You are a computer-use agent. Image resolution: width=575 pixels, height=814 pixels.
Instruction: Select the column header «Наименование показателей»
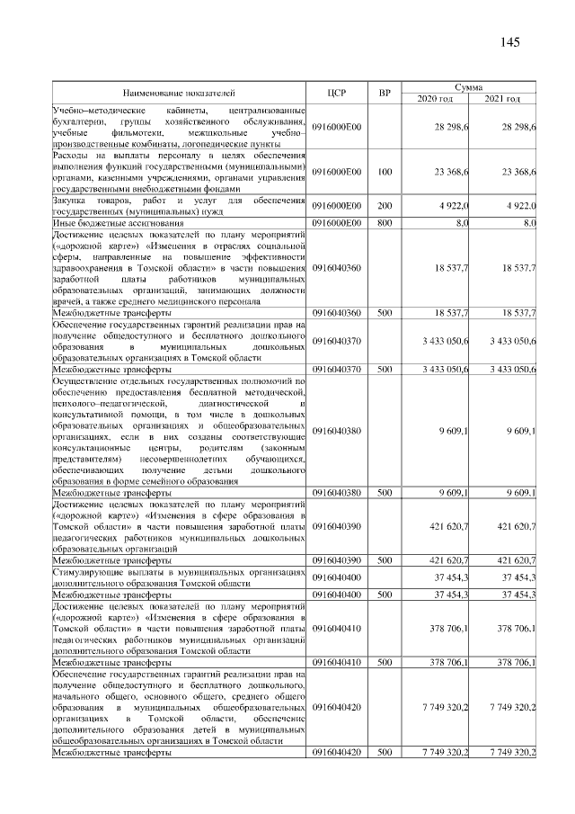(x=179, y=92)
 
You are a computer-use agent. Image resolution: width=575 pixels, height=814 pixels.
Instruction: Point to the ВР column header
(x=385, y=92)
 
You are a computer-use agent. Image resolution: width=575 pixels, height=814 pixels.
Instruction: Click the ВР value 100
(x=385, y=170)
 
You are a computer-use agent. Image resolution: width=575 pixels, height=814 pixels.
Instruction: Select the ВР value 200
(x=385, y=206)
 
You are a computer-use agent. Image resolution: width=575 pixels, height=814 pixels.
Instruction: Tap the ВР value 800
(x=385, y=221)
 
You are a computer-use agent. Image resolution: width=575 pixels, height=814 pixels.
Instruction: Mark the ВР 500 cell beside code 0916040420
(x=385, y=751)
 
